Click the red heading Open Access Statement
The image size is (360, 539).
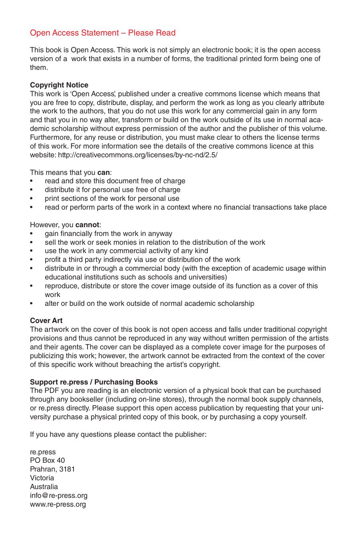[103, 33]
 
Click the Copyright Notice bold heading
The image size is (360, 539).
[59, 85]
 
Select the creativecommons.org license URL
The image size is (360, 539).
[138, 155]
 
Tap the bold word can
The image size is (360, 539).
[103, 172]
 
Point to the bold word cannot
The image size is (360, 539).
[87, 225]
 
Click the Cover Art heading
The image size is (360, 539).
[46, 321]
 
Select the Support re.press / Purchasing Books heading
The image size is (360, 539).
[94, 382]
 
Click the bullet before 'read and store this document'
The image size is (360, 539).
[32, 181]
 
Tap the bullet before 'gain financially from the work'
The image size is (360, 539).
[32, 234]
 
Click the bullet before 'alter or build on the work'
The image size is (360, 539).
[32, 304]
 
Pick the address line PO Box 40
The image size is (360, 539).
[47, 460]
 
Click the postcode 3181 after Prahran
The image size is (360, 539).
[67, 469]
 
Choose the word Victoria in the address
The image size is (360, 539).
[42, 478]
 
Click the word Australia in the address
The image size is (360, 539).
[44, 487]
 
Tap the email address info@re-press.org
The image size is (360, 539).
[59, 495]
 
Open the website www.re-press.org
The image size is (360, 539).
[58, 504]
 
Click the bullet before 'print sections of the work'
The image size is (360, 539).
[32, 199]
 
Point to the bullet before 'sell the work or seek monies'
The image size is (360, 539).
[32, 242]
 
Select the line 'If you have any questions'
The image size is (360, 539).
[118, 434]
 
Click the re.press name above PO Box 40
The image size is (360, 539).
[43, 452]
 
